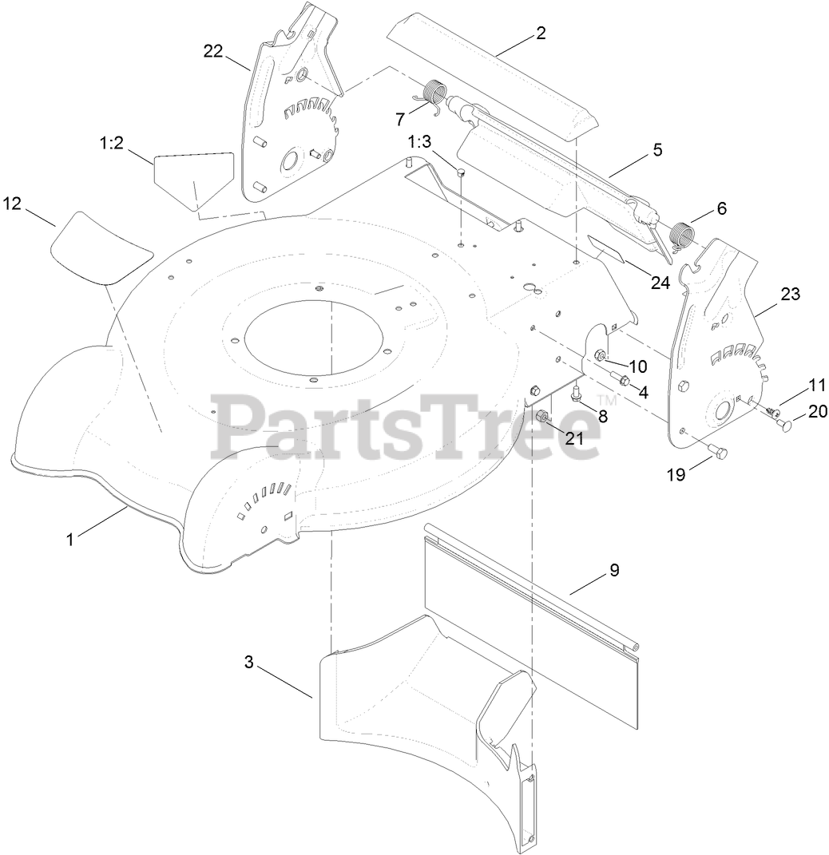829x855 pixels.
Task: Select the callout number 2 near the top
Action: [x=541, y=33]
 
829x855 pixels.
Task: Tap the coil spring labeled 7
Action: [x=432, y=94]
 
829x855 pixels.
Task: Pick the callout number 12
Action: [x=11, y=204]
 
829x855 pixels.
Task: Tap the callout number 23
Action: [x=790, y=294]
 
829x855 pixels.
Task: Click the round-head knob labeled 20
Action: [x=787, y=426]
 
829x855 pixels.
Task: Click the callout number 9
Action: [x=614, y=570]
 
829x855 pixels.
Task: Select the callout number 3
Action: [x=249, y=662]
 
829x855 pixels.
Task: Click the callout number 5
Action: [x=657, y=149]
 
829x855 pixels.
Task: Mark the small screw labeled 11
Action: [x=771, y=410]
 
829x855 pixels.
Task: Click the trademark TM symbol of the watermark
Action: [x=607, y=401]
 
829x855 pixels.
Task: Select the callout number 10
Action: [x=637, y=366]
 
